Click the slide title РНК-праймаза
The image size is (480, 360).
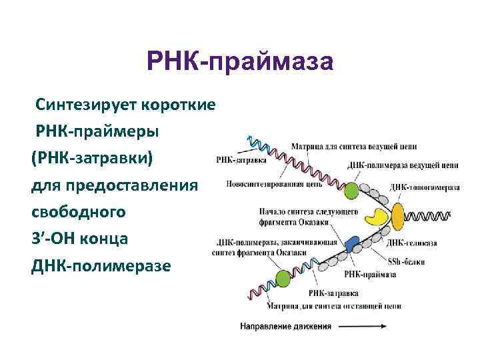tap(239, 64)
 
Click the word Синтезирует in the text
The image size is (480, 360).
tap(89, 105)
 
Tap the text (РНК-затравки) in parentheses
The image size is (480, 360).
tap(91, 159)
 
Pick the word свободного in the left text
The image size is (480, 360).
tap(79, 212)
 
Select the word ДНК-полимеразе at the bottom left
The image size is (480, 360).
tap(101, 266)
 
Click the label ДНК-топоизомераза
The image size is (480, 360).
tap(425, 188)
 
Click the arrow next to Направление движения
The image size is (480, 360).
tap(363, 327)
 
